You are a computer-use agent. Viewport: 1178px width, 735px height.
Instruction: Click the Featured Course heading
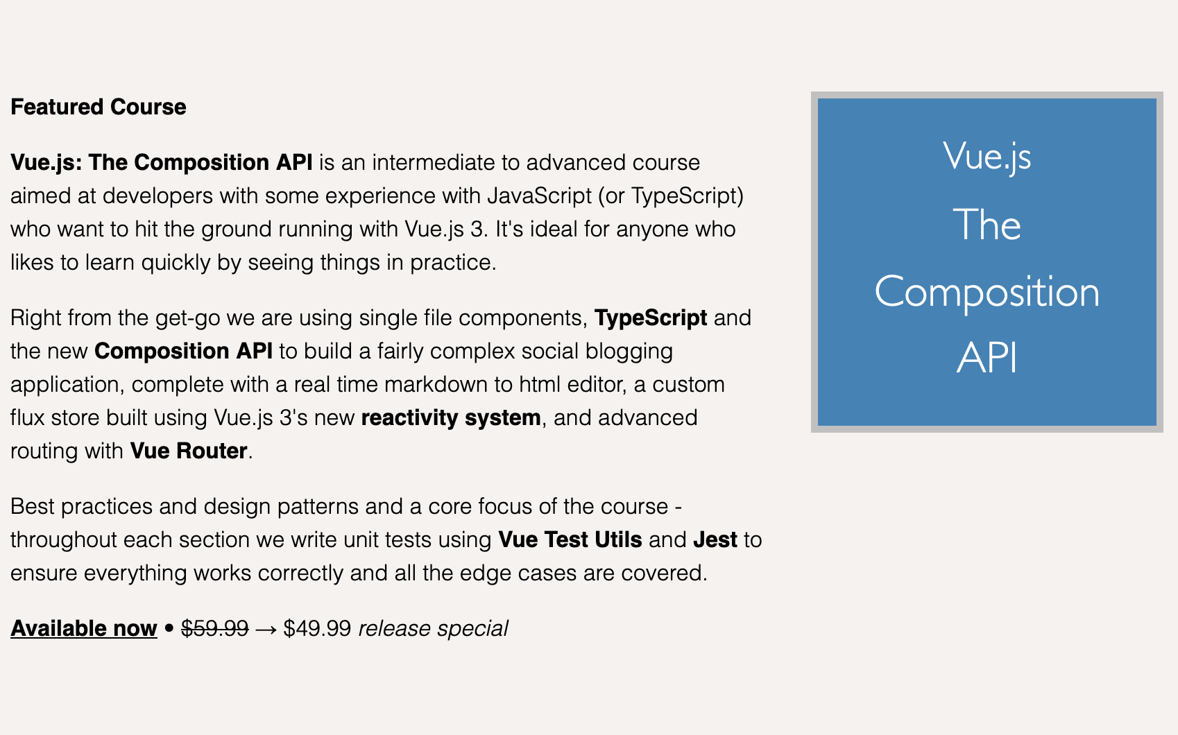(x=99, y=107)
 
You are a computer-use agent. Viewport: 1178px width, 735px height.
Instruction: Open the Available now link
(x=84, y=628)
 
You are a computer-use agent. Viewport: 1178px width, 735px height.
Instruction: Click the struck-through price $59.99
(x=214, y=628)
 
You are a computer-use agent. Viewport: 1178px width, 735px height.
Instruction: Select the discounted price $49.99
(x=317, y=628)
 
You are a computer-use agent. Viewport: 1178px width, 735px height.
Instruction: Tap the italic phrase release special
(x=433, y=628)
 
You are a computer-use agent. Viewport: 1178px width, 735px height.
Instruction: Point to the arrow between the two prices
(x=266, y=629)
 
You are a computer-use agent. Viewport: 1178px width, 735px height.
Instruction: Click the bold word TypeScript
(x=651, y=318)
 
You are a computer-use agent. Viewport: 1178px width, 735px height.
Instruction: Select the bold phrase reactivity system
(x=451, y=417)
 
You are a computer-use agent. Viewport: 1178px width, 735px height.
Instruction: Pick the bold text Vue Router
(x=189, y=451)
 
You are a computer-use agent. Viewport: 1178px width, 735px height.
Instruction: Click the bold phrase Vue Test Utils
(x=570, y=539)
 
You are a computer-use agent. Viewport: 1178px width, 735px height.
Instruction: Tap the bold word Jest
(x=715, y=539)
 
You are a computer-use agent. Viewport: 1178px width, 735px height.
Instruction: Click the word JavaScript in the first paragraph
(x=539, y=196)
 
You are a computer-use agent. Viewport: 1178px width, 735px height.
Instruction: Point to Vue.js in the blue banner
(x=987, y=157)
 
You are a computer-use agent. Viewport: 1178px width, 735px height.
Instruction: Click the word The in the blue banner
(x=987, y=225)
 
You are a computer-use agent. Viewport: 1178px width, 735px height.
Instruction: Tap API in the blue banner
(x=987, y=358)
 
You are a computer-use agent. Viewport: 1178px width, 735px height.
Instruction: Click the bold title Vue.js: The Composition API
(x=162, y=162)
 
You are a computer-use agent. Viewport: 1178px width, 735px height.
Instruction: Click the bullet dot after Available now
(x=169, y=629)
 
